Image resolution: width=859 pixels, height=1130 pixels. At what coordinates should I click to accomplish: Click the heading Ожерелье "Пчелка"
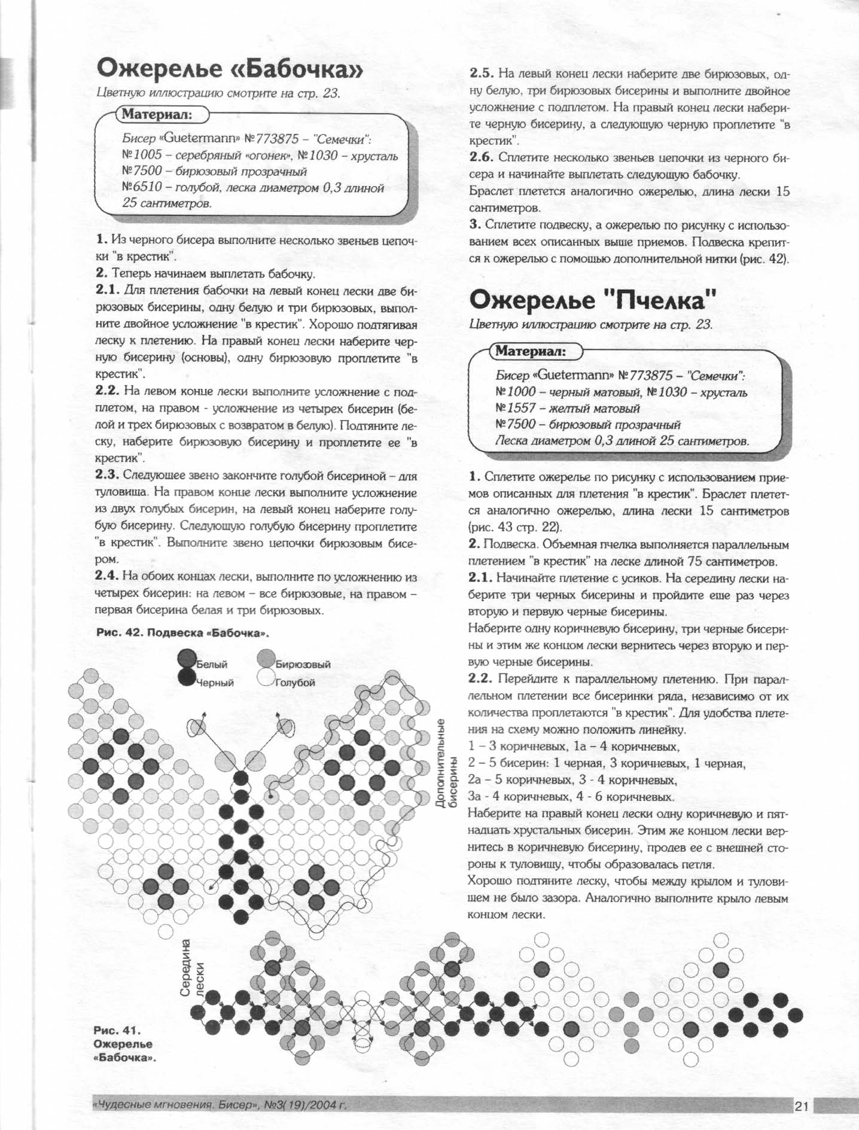593,300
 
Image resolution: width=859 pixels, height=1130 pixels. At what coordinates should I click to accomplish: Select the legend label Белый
212,664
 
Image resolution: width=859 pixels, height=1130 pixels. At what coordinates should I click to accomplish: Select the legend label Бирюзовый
303,664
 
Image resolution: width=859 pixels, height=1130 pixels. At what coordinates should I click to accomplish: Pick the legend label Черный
215,683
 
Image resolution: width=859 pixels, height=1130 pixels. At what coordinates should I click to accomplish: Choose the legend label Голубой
295,683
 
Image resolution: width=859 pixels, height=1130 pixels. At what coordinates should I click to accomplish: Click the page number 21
802,1106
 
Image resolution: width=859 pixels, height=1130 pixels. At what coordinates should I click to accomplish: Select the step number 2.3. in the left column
108,476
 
